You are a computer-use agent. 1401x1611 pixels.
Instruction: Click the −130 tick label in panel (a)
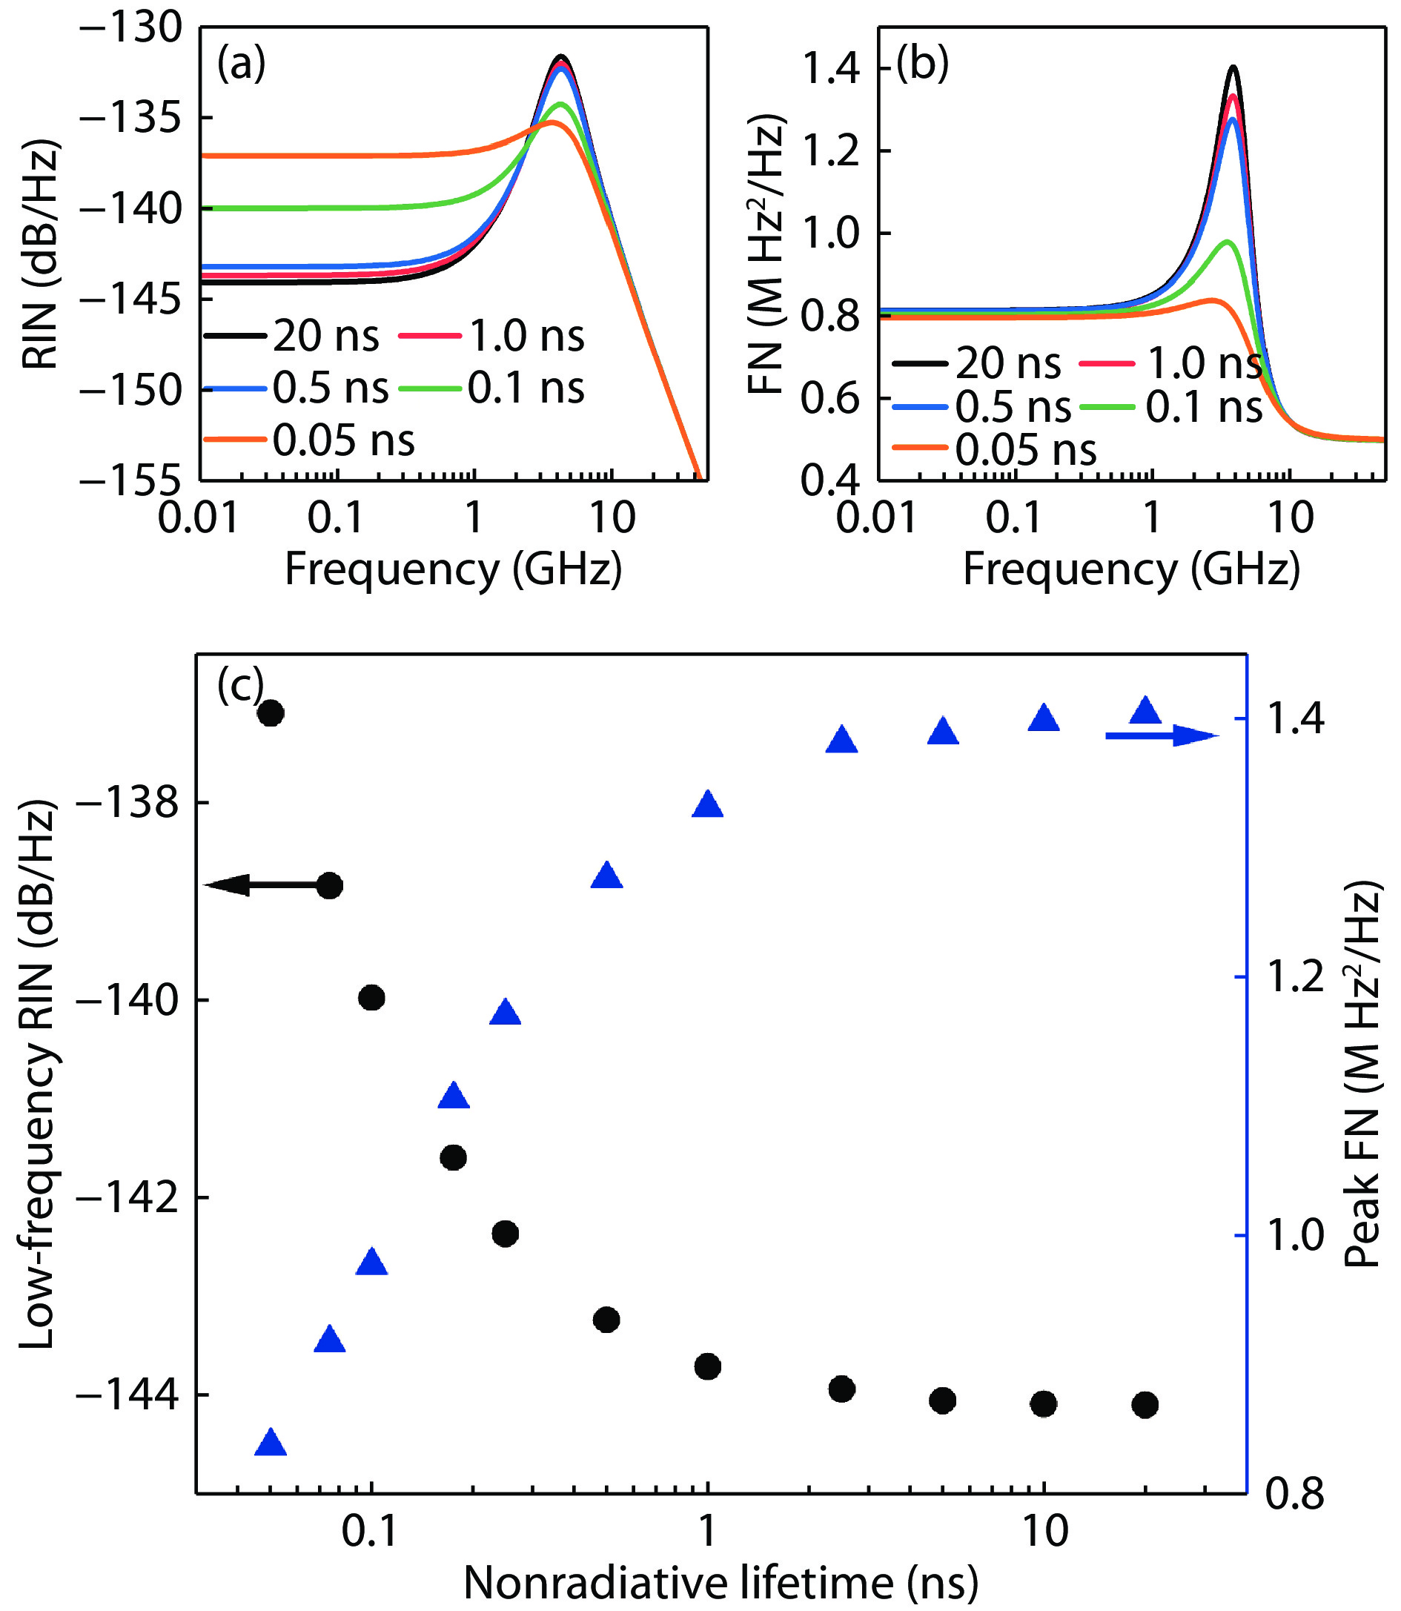(130, 29)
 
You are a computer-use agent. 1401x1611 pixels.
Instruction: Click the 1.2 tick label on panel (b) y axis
(830, 151)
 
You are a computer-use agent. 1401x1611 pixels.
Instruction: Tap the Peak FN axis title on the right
(1362, 1074)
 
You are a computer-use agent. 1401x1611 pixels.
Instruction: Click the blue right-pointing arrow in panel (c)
(1162, 736)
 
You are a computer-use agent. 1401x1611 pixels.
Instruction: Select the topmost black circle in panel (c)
(271, 712)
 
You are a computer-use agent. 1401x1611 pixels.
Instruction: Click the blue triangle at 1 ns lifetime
(707, 804)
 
